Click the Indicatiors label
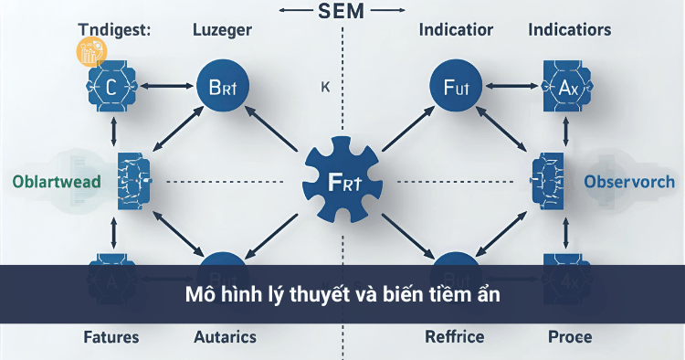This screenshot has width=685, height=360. (570, 30)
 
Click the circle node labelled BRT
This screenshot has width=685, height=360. (223, 89)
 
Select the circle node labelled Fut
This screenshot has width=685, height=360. (455, 89)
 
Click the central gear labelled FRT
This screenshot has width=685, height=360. (342, 179)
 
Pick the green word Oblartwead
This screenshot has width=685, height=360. (57, 181)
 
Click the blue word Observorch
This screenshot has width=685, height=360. (629, 181)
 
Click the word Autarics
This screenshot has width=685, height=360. (225, 337)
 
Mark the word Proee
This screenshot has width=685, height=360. (569, 337)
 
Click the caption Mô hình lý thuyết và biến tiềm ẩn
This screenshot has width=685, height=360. (342, 297)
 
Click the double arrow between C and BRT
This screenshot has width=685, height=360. (167, 89)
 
